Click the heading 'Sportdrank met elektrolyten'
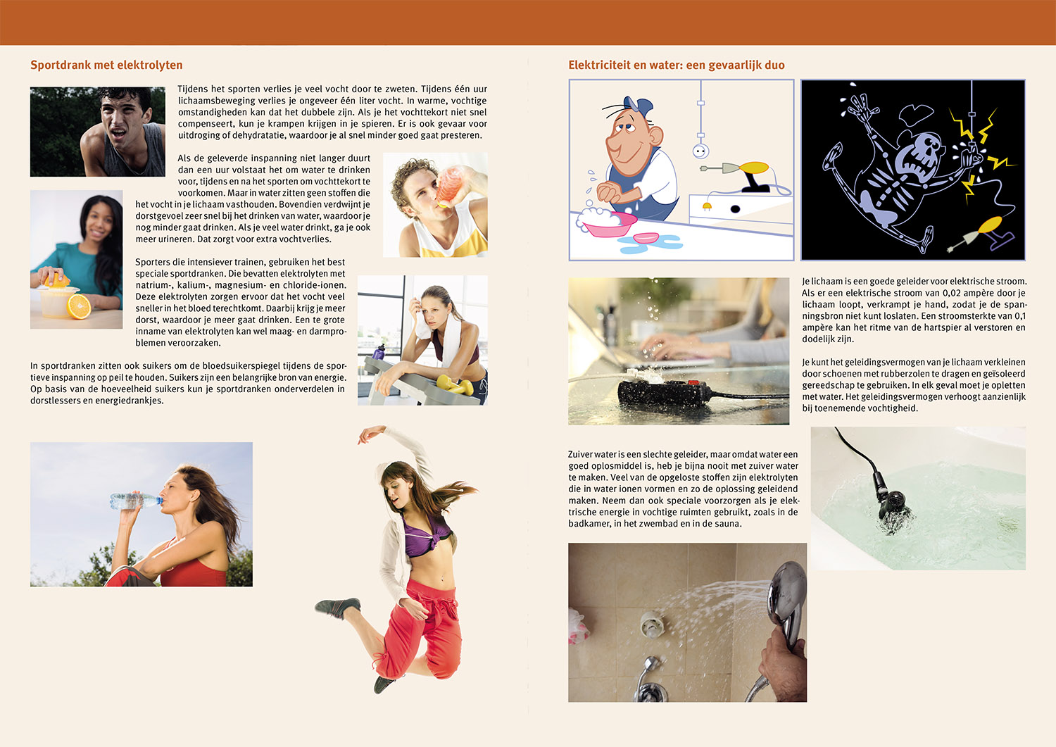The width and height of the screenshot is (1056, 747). click(x=106, y=65)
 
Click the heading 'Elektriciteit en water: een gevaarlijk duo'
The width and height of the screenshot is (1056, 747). click(x=676, y=65)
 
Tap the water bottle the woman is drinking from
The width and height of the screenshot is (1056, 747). click(x=135, y=501)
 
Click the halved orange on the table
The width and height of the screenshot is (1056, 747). click(x=79, y=306)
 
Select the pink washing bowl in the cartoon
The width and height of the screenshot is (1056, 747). click(x=608, y=223)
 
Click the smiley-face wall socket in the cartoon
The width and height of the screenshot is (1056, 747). click(x=700, y=151)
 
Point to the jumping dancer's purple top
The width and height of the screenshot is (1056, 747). click(x=427, y=538)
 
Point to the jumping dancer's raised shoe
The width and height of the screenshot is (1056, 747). click(x=337, y=608)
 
